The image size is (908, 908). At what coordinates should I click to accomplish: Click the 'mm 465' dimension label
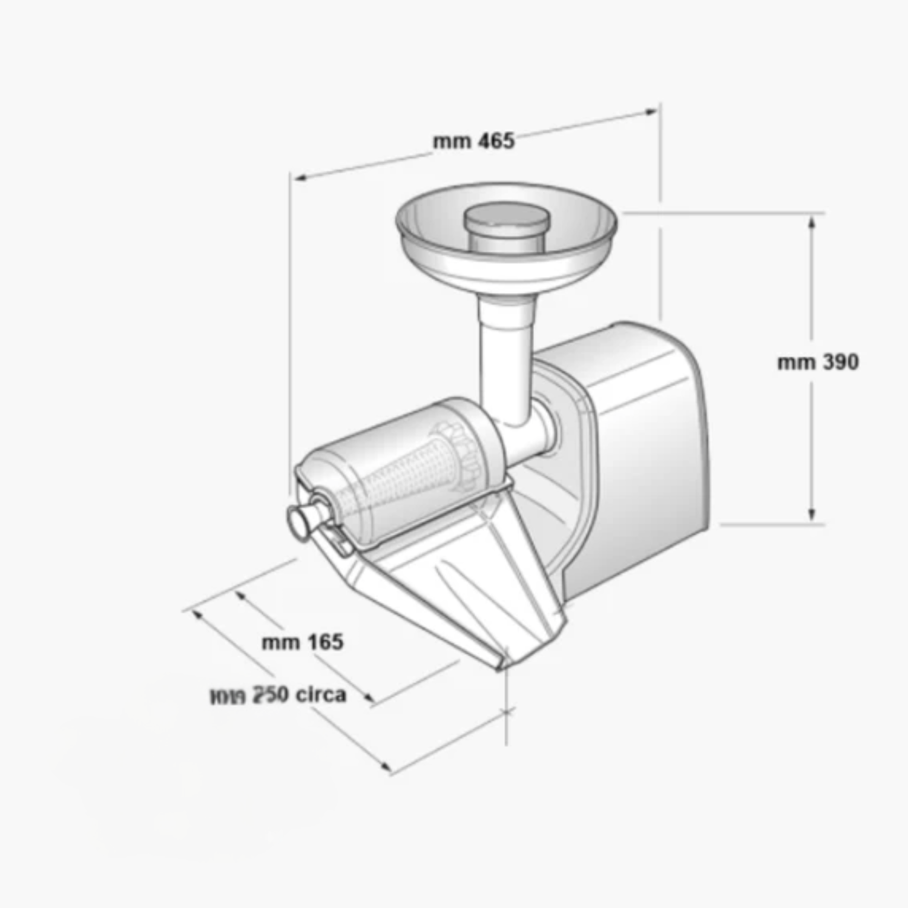[x=473, y=141]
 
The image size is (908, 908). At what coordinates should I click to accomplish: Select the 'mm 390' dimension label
[x=818, y=362]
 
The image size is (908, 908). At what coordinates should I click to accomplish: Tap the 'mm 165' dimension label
[x=303, y=642]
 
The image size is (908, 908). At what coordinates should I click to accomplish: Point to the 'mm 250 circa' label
[x=278, y=695]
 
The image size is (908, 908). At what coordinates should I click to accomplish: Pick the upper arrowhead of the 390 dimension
[x=812, y=222]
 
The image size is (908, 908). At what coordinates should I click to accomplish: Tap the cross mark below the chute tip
[x=507, y=712]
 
